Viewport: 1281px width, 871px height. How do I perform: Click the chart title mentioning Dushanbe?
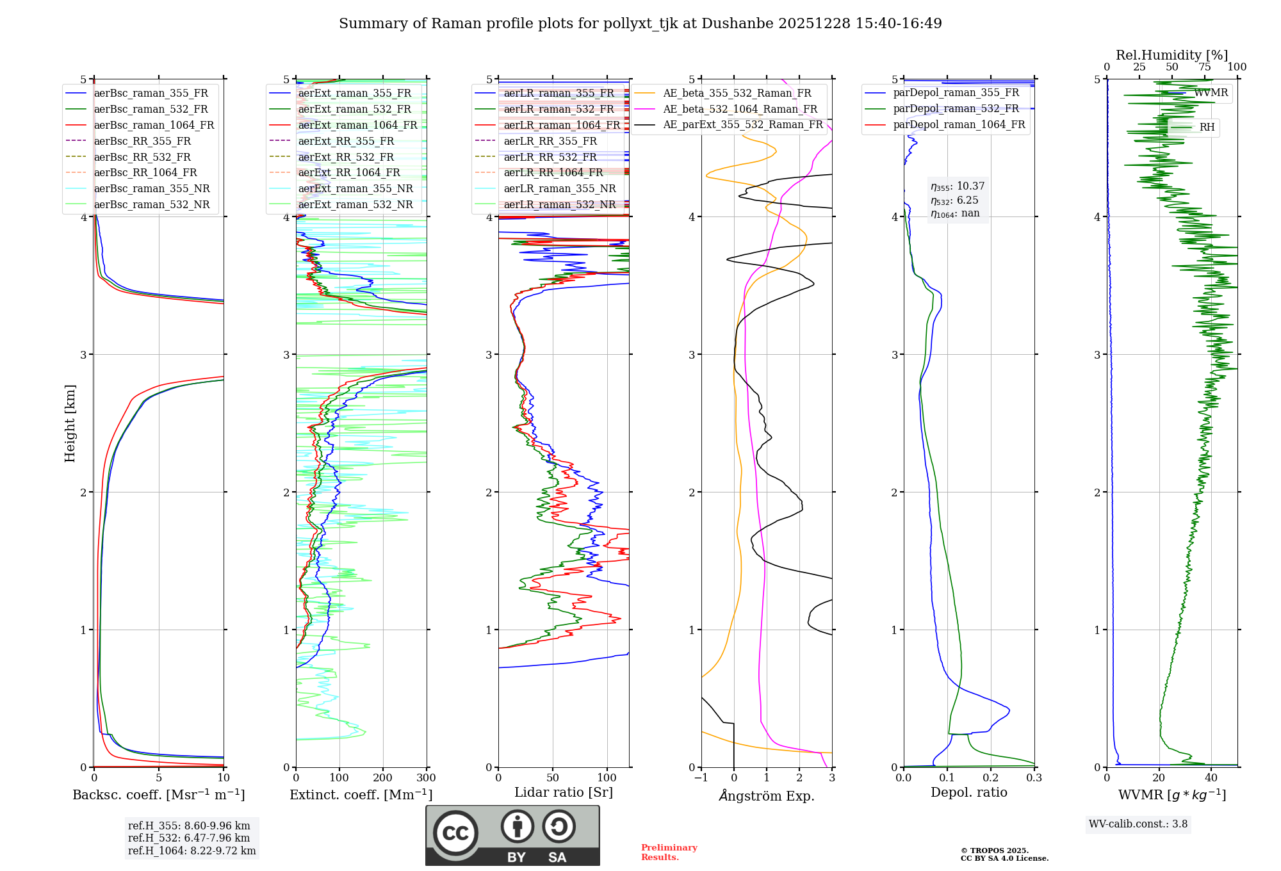(640, 24)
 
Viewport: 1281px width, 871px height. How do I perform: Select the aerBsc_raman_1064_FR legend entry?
(154, 125)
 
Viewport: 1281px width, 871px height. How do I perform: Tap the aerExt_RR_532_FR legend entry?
(346, 157)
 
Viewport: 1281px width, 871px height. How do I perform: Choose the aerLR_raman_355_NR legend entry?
(559, 188)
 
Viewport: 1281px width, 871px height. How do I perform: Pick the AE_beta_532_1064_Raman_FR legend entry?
(740, 109)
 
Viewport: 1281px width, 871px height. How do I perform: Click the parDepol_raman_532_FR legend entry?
(956, 108)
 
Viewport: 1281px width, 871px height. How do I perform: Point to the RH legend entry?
(1207, 127)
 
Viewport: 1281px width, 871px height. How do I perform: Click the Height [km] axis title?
(70, 423)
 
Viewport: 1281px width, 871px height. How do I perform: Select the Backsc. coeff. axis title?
(158, 795)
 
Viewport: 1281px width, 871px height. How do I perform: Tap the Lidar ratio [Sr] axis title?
(564, 792)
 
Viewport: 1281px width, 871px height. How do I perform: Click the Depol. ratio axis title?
(968, 792)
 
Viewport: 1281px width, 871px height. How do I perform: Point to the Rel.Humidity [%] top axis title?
(1171, 55)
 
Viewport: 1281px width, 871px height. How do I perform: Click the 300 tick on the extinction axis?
(426, 778)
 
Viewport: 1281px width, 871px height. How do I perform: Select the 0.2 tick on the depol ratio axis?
(990, 778)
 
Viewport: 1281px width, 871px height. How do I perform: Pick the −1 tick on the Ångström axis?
(701, 778)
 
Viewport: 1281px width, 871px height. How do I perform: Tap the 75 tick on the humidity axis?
(1205, 67)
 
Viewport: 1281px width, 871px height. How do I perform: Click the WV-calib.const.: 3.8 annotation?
(1138, 824)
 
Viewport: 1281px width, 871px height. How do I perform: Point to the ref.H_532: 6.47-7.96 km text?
(189, 838)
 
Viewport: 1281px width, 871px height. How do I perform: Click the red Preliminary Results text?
(669, 852)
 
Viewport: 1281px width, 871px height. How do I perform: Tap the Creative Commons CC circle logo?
(455, 833)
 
